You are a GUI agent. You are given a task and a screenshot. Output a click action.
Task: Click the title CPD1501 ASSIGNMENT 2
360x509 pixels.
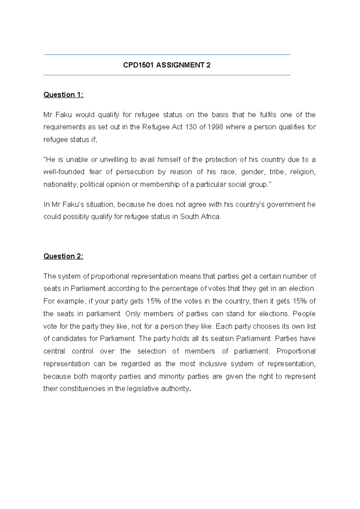[x=167, y=65]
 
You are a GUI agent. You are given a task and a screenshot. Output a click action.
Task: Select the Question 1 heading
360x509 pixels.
[x=63, y=95]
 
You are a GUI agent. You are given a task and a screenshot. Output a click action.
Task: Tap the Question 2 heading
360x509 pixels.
[x=63, y=256]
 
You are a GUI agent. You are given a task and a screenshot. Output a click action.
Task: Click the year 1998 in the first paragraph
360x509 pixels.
[x=215, y=127]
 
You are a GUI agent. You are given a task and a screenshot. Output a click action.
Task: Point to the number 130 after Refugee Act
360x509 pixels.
[x=191, y=127]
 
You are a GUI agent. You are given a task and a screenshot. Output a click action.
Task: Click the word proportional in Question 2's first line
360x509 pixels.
[x=110, y=276]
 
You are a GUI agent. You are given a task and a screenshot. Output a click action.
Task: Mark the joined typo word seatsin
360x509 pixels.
[x=222, y=339]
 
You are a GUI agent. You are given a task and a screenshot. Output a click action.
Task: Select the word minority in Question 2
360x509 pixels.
[x=172, y=377]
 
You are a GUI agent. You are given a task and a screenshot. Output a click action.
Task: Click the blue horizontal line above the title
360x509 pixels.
[x=167, y=55]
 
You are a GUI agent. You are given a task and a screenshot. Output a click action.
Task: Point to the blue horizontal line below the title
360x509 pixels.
[x=167, y=75]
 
